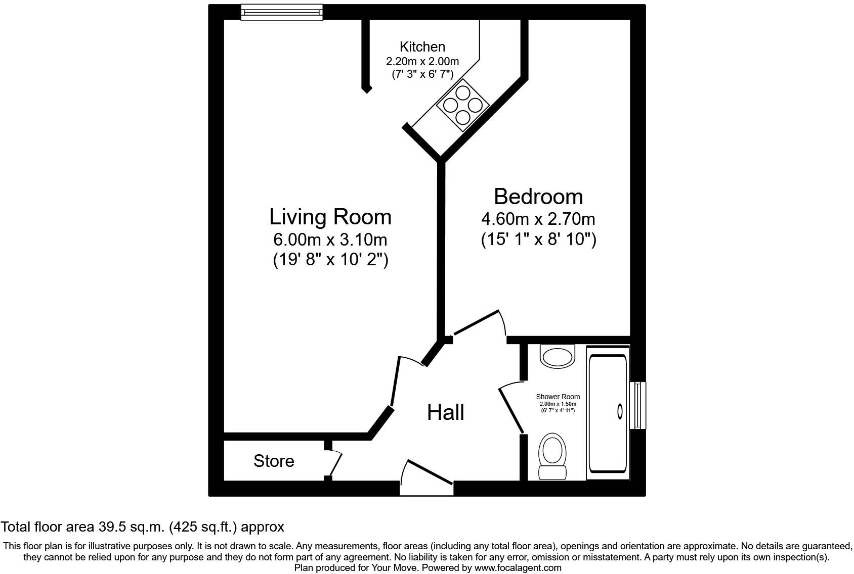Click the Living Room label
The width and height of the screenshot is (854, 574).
click(330, 217)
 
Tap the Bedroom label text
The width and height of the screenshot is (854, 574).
click(538, 197)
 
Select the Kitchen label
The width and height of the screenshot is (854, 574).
click(422, 47)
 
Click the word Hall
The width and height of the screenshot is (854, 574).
click(445, 412)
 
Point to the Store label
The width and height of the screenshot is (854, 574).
click(274, 461)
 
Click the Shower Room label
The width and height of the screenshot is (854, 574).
click(558, 397)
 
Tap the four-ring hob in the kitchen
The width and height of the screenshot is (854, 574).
click(463, 105)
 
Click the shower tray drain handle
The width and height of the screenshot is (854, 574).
click(620, 412)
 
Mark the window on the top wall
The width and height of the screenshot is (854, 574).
click(281, 12)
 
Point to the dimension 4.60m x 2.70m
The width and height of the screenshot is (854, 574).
click(538, 219)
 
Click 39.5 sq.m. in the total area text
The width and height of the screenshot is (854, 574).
click(130, 527)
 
